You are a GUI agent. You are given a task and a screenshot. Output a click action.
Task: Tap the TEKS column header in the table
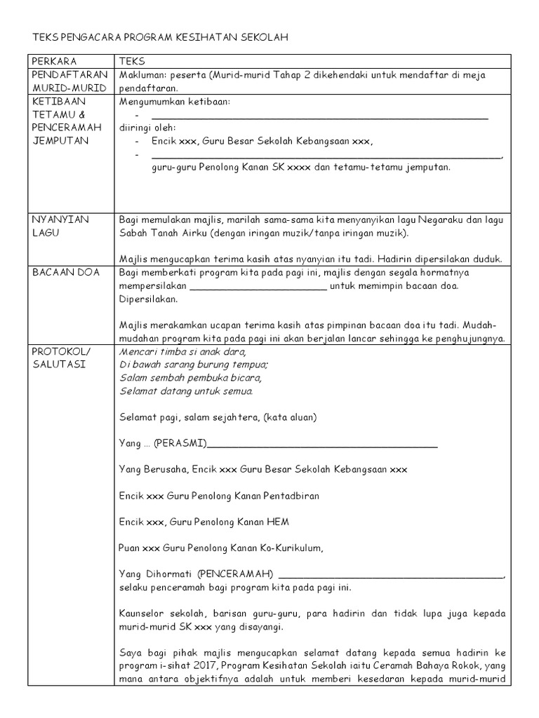[132, 61]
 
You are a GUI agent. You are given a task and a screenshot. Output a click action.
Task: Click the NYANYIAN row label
[60, 219]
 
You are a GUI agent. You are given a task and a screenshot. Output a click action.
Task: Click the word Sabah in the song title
[135, 233]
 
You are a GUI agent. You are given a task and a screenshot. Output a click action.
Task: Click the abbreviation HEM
[276, 522]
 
